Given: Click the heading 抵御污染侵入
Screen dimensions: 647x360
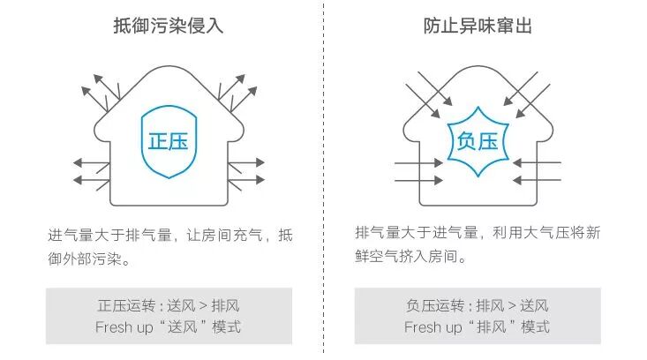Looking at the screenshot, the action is [x=169, y=26].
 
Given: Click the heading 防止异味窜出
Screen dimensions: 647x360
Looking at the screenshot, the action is [x=478, y=26].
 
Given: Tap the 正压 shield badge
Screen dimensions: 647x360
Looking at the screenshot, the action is [x=169, y=141].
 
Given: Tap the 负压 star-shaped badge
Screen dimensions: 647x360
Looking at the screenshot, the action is [x=478, y=141].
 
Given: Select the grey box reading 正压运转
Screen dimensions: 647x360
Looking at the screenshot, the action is [x=169, y=316].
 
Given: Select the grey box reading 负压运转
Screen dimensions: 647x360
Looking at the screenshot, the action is [x=478, y=316].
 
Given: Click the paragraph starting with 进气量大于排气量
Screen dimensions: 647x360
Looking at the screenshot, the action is [x=169, y=248].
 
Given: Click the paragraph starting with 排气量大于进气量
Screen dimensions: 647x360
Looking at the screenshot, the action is [x=478, y=244].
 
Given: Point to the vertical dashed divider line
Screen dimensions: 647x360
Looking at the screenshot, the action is [x=324, y=176].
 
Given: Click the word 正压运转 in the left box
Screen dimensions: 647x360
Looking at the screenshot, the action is [x=125, y=306].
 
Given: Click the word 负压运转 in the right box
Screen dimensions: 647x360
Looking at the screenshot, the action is [x=434, y=306].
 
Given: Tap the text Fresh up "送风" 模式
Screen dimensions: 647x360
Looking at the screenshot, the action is [x=169, y=327].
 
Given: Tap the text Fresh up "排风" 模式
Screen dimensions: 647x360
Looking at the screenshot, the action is [x=478, y=327].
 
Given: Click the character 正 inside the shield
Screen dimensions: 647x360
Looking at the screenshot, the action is [x=157, y=141].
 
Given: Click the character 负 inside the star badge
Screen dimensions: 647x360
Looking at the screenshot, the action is [x=465, y=141].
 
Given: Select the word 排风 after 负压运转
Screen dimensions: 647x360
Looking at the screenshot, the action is [x=489, y=306].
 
